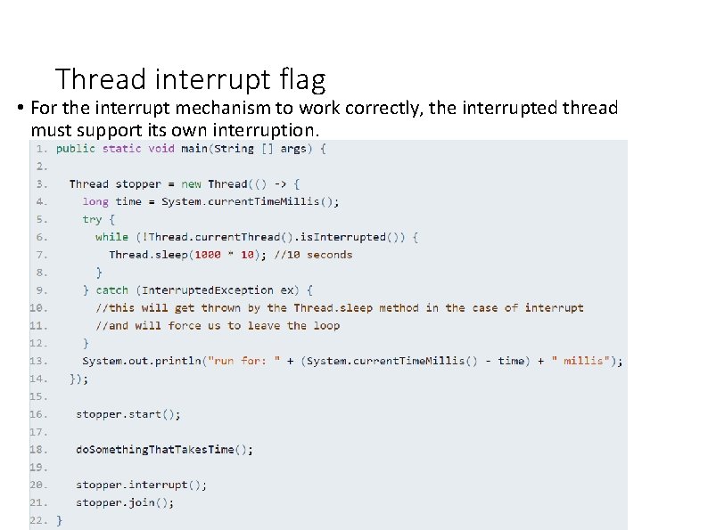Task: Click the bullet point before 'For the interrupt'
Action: click(x=20, y=109)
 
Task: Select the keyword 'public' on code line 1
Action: click(x=76, y=149)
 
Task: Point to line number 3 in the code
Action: click(x=41, y=184)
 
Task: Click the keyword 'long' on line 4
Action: click(x=95, y=201)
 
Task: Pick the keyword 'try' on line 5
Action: click(x=92, y=219)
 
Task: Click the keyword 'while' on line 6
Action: click(x=111, y=237)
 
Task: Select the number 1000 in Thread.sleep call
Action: click(x=207, y=255)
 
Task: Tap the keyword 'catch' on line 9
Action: click(x=111, y=290)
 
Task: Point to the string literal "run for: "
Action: click(x=244, y=361)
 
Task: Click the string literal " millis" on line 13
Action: click(x=583, y=361)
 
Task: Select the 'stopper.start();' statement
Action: click(x=128, y=414)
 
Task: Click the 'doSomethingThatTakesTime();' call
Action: click(x=164, y=450)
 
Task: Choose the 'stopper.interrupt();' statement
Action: click(x=141, y=485)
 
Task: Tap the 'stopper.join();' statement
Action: click(x=125, y=503)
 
